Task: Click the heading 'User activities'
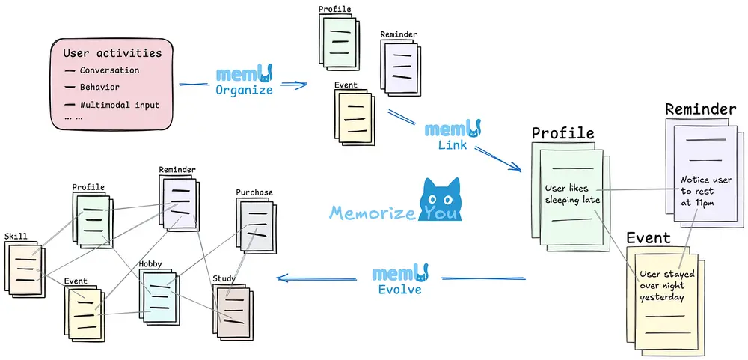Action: click(112, 53)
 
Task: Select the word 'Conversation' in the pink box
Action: click(109, 70)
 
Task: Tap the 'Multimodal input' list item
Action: click(120, 105)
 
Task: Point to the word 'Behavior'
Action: click(99, 88)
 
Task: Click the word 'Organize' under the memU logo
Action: click(244, 91)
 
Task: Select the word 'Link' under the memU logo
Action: click(452, 144)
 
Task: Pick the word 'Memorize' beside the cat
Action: click(372, 213)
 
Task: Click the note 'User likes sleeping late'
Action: click(572, 194)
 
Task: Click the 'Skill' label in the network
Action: click(16, 237)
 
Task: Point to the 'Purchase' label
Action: click(254, 192)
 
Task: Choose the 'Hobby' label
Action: click(150, 264)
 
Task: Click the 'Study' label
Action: click(224, 278)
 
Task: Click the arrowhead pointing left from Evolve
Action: click(280, 278)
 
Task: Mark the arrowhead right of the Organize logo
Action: click(303, 85)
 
